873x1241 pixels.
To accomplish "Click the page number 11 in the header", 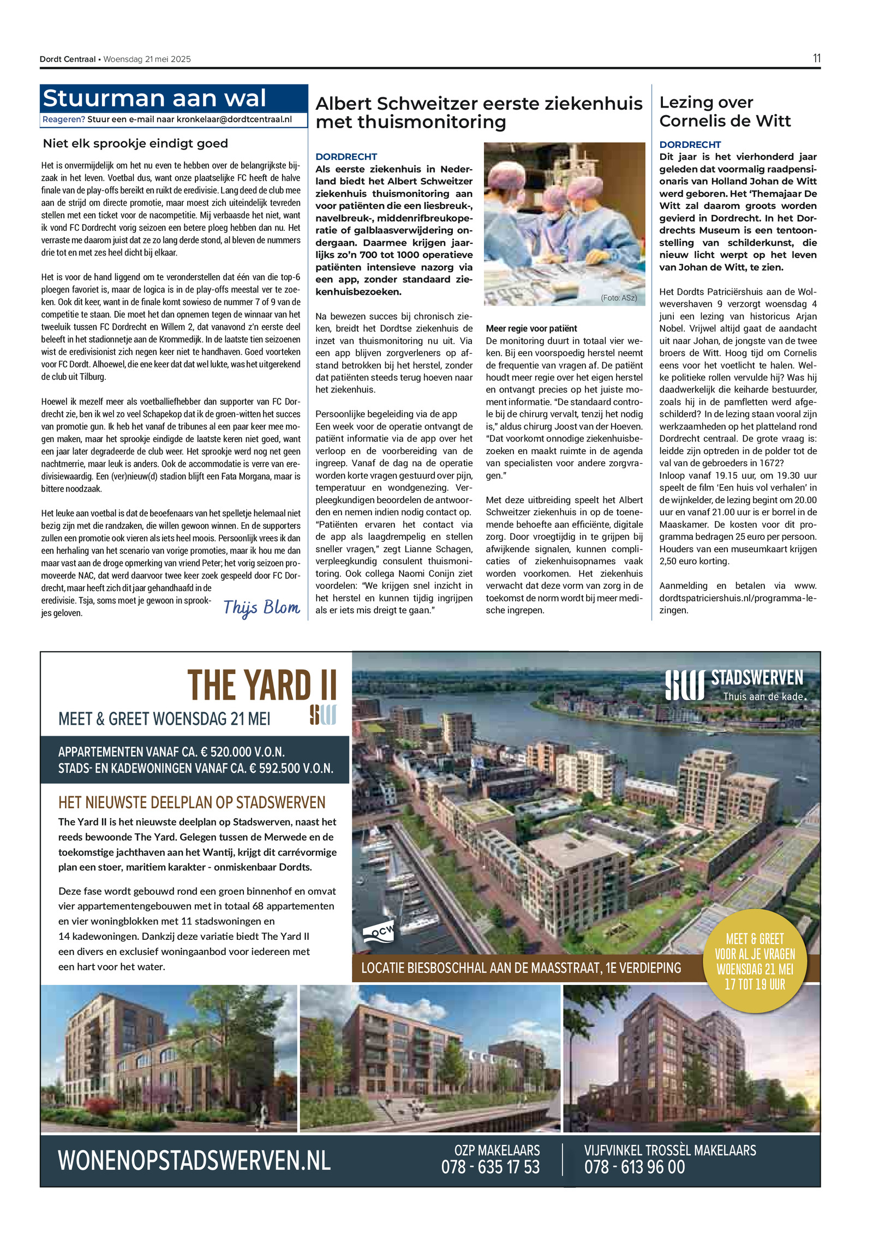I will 816,58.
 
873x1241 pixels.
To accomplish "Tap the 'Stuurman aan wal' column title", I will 154,99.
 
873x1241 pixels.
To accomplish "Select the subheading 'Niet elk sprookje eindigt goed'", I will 135,144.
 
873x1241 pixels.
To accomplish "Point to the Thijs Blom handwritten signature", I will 261,607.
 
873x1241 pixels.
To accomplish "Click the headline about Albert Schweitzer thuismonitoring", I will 479,112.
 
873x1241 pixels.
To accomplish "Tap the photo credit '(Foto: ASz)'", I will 619,298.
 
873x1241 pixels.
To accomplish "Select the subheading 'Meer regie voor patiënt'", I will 531,329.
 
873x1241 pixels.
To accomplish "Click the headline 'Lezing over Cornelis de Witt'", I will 725,111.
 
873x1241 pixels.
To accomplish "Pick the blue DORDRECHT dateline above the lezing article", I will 690,145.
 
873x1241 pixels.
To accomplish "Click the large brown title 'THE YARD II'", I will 262,685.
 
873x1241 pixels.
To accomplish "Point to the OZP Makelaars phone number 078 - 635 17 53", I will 490,1167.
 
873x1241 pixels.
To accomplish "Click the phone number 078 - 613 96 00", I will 634,1167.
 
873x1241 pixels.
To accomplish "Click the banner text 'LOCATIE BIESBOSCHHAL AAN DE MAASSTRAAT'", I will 521,968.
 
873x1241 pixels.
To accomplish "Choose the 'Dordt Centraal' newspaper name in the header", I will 67,59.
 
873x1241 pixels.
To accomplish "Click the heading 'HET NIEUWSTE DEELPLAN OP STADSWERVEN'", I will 192,802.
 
